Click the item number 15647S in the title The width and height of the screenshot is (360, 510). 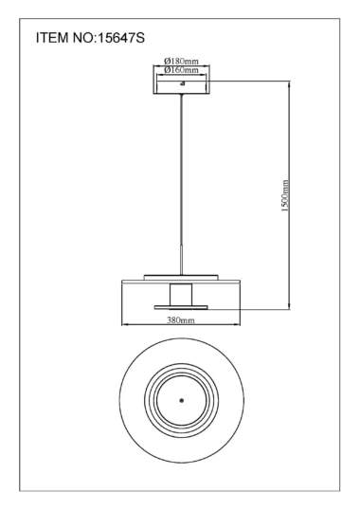[121, 38]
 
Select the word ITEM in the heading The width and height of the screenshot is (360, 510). [52, 38]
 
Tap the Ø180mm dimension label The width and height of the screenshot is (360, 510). [181, 61]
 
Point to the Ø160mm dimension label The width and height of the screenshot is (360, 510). [181, 69]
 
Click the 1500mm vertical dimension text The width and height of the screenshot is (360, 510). [285, 196]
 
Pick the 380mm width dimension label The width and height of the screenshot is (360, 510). [181, 320]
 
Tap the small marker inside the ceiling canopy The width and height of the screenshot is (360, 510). [182, 83]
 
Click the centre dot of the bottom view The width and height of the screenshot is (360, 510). [182, 400]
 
